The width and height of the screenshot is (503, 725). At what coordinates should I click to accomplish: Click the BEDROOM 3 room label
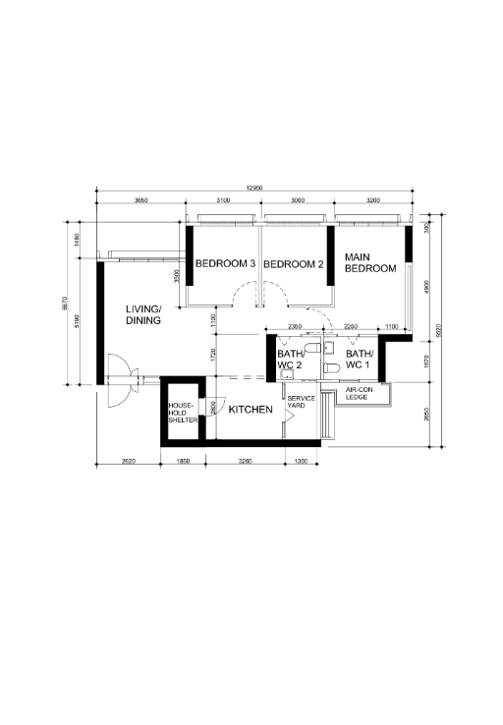pos(225,264)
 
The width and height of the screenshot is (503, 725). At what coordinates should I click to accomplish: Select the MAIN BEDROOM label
pos(369,262)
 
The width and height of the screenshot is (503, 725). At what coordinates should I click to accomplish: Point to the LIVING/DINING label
pos(143,314)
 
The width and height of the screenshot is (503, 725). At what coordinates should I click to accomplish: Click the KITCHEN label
pos(251,409)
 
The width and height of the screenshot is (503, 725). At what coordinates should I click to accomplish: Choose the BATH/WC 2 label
pos(290,360)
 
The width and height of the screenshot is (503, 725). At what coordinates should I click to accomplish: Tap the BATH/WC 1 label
pos(358,360)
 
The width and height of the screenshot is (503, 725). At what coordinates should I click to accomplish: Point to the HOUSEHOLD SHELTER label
pos(183,413)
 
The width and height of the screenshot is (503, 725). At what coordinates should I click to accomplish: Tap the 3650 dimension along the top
pos(140,200)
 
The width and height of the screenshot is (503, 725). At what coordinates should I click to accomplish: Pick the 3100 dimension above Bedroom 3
pos(223,200)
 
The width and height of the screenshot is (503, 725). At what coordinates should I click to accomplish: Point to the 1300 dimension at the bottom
pos(301,461)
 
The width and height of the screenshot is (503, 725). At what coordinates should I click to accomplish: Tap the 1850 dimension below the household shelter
pos(184,461)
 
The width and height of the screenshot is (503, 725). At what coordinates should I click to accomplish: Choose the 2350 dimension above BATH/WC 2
pos(294,327)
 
